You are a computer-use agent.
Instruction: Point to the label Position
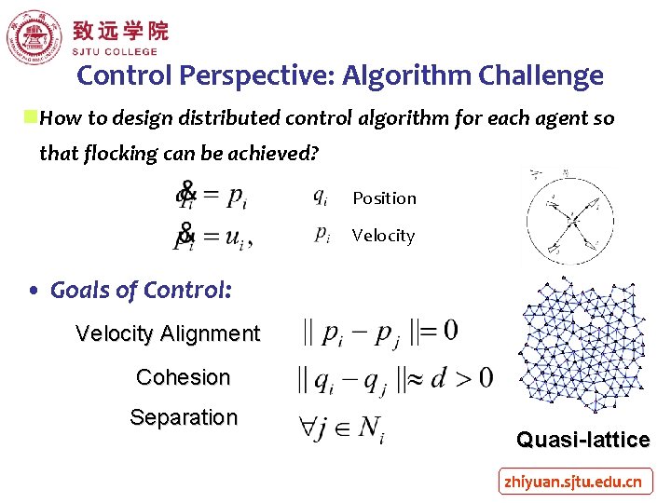pyautogui.click(x=384, y=198)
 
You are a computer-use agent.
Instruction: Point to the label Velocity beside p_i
pyautogui.click(x=383, y=236)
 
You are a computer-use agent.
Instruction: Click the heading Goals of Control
pyautogui.click(x=140, y=291)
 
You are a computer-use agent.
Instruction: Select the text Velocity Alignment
pyautogui.click(x=168, y=333)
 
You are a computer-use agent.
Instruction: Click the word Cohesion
pyautogui.click(x=183, y=377)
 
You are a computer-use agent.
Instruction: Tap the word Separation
pyautogui.click(x=184, y=417)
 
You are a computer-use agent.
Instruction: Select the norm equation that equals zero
pyautogui.click(x=378, y=332)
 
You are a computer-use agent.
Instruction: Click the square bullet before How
pyautogui.click(x=31, y=117)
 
